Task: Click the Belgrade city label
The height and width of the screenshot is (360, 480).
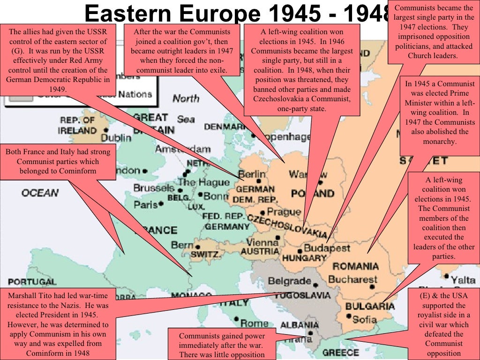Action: pos(289,281)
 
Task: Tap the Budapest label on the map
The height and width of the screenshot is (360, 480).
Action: pos(327,248)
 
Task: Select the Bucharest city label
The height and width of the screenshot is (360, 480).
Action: pos(352,280)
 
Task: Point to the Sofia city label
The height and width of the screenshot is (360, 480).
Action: pos(364,320)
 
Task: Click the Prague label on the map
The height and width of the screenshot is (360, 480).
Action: pos(284,212)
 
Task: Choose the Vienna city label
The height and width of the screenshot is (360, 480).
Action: pos(262,242)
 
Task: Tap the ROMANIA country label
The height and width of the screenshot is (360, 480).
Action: pos(355,266)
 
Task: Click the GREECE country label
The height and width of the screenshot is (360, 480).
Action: pos(341,352)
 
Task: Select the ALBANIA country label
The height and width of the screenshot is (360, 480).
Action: pos(300,325)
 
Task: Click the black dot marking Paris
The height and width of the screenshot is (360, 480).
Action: pos(161,204)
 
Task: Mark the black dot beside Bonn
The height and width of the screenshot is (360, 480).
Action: pos(200,195)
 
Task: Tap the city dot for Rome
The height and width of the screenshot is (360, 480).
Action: pos(236,323)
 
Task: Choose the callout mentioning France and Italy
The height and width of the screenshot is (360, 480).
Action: pos(58,161)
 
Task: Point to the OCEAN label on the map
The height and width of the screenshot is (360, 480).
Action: pos(40,193)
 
